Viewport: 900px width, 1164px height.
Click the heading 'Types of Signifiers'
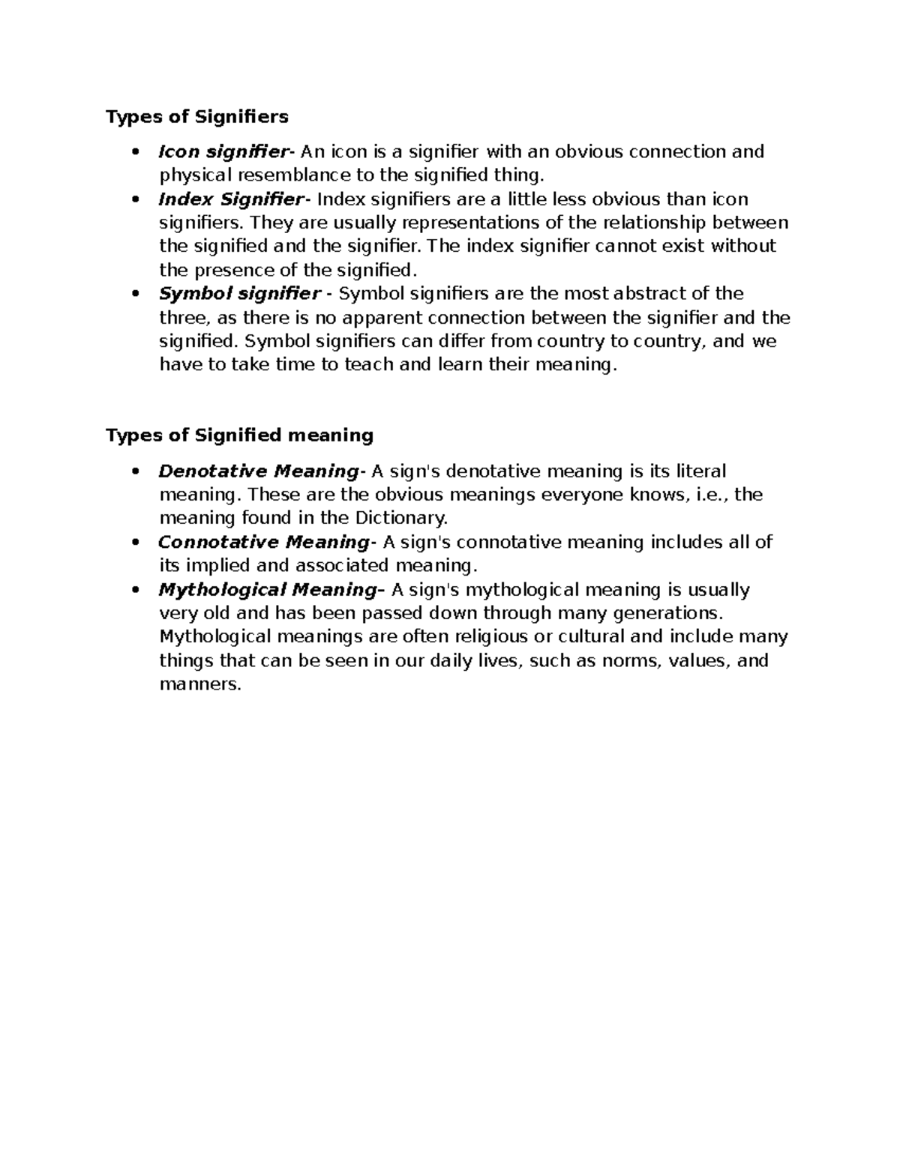(196, 117)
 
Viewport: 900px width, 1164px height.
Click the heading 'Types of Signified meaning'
(239, 435)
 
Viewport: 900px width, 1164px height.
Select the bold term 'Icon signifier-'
(223, 152)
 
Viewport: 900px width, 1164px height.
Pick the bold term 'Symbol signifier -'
(244, 293)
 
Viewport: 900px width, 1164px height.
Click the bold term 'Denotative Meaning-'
(261, 471)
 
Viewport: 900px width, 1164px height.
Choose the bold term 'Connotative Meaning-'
(266, 542)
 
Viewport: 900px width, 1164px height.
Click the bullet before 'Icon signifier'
(135, 152)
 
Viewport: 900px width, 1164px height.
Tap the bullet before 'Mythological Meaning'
(135, 590)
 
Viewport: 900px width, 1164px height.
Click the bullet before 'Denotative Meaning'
(135, 471)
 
